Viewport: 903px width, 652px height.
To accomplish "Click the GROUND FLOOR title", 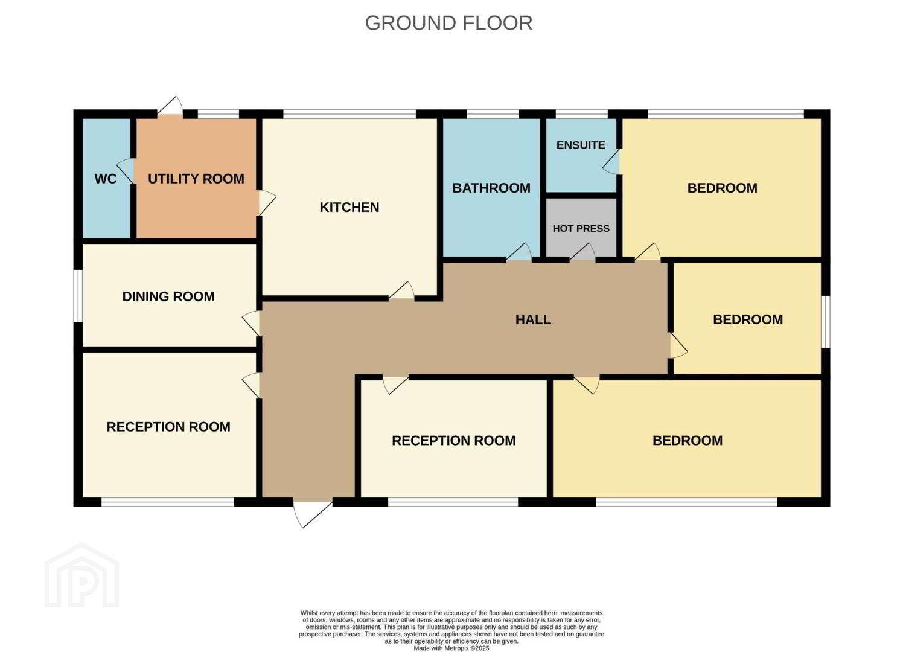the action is tap(448, 23).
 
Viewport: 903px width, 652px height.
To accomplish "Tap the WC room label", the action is tap(106, 179).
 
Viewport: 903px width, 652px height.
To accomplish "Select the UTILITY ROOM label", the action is tap(196, 179).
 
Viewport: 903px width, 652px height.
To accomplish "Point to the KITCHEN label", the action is tap(349, 207).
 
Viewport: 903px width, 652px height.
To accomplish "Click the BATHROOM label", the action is tap(491, 188).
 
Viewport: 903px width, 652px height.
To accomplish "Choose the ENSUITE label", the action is tap(581, 145).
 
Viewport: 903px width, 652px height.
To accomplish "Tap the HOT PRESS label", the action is tap(581, 229).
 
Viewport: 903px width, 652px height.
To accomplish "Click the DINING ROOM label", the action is tap(168, 297).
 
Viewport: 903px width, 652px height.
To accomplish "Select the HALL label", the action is tap(533, 320).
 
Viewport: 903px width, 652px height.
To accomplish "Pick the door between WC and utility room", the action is tap(126, 171).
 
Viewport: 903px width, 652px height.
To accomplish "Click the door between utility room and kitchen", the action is tap(267, 203).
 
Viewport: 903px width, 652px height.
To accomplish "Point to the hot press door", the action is tap(582, 252).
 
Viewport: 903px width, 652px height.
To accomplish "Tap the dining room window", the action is tap(78, 296).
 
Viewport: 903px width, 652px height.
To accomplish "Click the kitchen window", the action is tap(349, 114).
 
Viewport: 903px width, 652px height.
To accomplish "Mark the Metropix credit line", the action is tap(451, 648).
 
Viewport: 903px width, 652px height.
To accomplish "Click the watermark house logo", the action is tap(82, 575).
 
